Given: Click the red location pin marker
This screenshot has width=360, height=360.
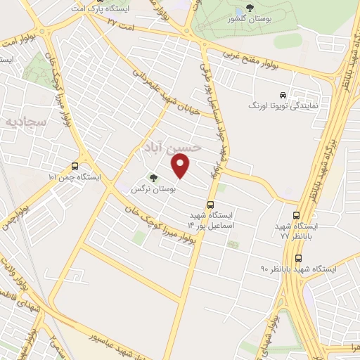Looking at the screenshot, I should point(181,166).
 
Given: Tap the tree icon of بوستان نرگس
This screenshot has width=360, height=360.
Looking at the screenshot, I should point(154,178).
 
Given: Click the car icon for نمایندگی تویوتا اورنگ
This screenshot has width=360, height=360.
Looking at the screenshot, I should point(282,94).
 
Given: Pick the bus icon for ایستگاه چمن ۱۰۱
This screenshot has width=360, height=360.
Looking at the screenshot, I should point(75,167).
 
